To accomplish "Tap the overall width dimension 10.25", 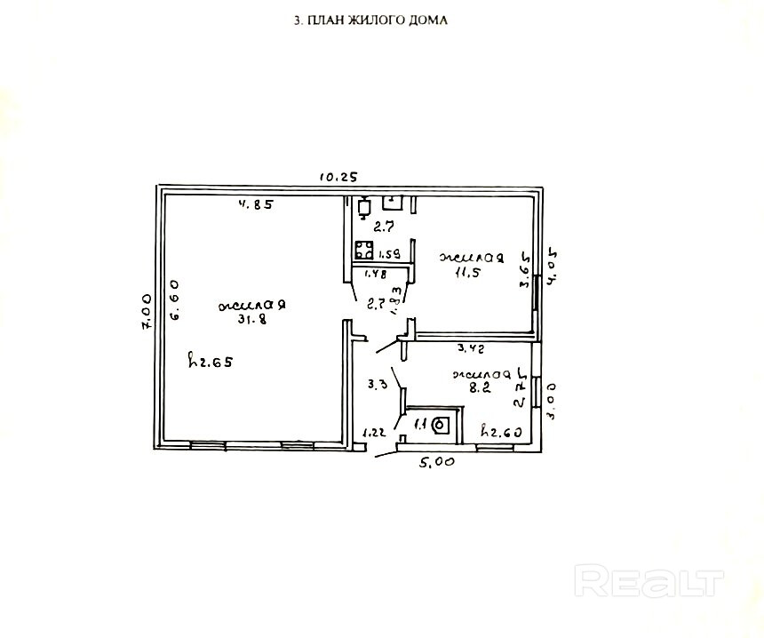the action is point(338,177).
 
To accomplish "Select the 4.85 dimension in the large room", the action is point(256,204).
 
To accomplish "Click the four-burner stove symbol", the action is point(364,250).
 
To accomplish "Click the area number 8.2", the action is point(480,388).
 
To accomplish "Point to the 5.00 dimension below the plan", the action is point(437,461).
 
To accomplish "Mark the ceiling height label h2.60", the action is point(499,433).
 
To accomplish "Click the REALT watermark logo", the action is point(649,583).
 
